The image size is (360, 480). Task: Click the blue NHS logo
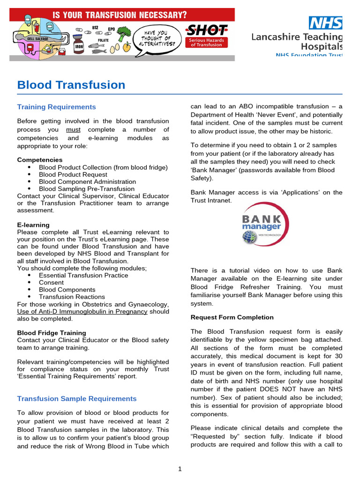click(x=325, y=22)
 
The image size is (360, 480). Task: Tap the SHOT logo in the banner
click(x=207, y=31)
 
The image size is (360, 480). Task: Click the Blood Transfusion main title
click(x=71, y=85)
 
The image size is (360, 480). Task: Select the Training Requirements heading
click(x=56, y=107)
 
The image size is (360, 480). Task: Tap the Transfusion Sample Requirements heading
click(x=77, y=398)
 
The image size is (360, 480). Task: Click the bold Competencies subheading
click(x=39, y=160)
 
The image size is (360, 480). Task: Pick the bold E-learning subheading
click(x=33, y=225)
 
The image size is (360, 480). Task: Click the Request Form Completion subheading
click(x=232, y=317)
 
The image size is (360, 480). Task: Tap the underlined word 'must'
click(x=73, y=129)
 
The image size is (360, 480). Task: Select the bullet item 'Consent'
click(x=51, y=282)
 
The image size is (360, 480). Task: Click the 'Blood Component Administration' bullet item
click(x=87, y=181)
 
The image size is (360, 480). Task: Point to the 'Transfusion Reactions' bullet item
click(x=72, y=297)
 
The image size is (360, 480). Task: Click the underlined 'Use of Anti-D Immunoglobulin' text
click(x=82, y=311)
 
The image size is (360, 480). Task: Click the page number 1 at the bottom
click(x=180, y=469)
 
